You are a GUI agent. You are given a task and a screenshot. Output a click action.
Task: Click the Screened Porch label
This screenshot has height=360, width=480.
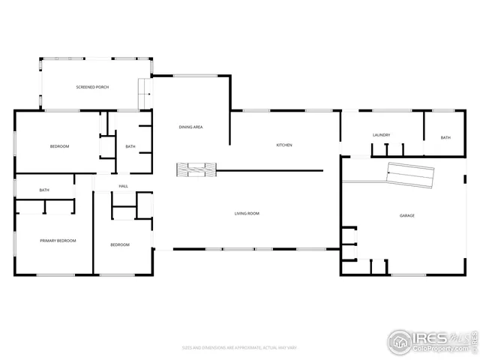click(92, 88)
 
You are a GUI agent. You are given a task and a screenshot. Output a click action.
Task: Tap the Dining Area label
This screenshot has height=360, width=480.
click(190, 127)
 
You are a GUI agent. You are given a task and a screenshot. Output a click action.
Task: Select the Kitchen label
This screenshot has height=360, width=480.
click(284, 145)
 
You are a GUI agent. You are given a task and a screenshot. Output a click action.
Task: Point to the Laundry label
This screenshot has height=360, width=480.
click(381, 135)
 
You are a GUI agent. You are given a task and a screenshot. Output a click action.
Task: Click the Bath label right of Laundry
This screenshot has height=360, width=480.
click(445, 138)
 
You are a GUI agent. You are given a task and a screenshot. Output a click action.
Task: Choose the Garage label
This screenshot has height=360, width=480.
click(407, 216)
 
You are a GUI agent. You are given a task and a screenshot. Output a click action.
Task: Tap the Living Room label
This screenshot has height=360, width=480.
click(247, 214)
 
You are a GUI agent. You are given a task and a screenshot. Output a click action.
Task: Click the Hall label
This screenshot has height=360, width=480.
click(123, 187)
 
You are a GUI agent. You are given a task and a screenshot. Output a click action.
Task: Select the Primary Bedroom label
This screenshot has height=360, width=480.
click(58, 241)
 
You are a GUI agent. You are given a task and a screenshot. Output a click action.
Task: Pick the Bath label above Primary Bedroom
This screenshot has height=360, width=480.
click(44, 190)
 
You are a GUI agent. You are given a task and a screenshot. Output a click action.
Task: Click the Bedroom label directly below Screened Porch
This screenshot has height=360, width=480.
click(59, 146)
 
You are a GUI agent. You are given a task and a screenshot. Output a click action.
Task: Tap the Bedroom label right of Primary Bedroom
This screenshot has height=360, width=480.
click(120, 245)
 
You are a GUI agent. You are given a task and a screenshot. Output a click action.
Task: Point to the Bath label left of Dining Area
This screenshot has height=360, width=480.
click(130, 146)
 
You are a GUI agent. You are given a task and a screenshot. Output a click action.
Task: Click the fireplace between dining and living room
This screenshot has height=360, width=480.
click(196, 170)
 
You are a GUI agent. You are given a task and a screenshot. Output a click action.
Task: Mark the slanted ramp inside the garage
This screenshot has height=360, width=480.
click(410, 175)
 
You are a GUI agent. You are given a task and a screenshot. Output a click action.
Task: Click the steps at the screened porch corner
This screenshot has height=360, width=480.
click(144, 94)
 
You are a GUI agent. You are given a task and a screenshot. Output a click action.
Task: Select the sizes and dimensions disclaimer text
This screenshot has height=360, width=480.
click(240, 347)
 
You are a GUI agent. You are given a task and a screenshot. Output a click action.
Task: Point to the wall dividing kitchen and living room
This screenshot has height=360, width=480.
click(270, 170)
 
